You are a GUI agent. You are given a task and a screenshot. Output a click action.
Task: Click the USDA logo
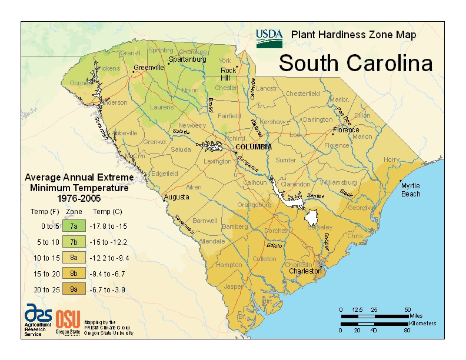pyautogui.click(x=269, y=38)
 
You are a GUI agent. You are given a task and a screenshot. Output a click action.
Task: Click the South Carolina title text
pyautogui.click(x=355, y=63)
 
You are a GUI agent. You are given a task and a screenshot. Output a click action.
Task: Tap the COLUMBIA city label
pyautogui.click(x=253, y=146)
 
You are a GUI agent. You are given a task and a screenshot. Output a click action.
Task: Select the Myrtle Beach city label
pyautogui.click(x=411, y=189)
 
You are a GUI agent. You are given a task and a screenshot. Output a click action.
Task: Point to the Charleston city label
pyautogui.click(x=305, y=271)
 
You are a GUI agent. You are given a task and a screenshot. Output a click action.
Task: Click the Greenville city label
pyautogui.click(x=149, y=68)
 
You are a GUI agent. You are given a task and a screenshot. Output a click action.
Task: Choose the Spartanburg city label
pyautogui.click(x=188, y=59)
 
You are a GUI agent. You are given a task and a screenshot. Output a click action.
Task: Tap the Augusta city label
pyautogui.click(x=177, y=196)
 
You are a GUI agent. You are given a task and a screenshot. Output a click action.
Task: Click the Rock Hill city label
pyautogui.click(x=228, y=74)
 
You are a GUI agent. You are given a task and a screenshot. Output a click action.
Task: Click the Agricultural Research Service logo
pyautogui.click(x=38, y=315)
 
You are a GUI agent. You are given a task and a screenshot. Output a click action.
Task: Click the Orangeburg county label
pyautogui.click(x=254, y=205)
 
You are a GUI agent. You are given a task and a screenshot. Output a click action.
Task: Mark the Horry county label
pyautogui.click(x=391, y=159)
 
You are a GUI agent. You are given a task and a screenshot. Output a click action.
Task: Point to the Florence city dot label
pyautogui.click(x=345, y=130)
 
